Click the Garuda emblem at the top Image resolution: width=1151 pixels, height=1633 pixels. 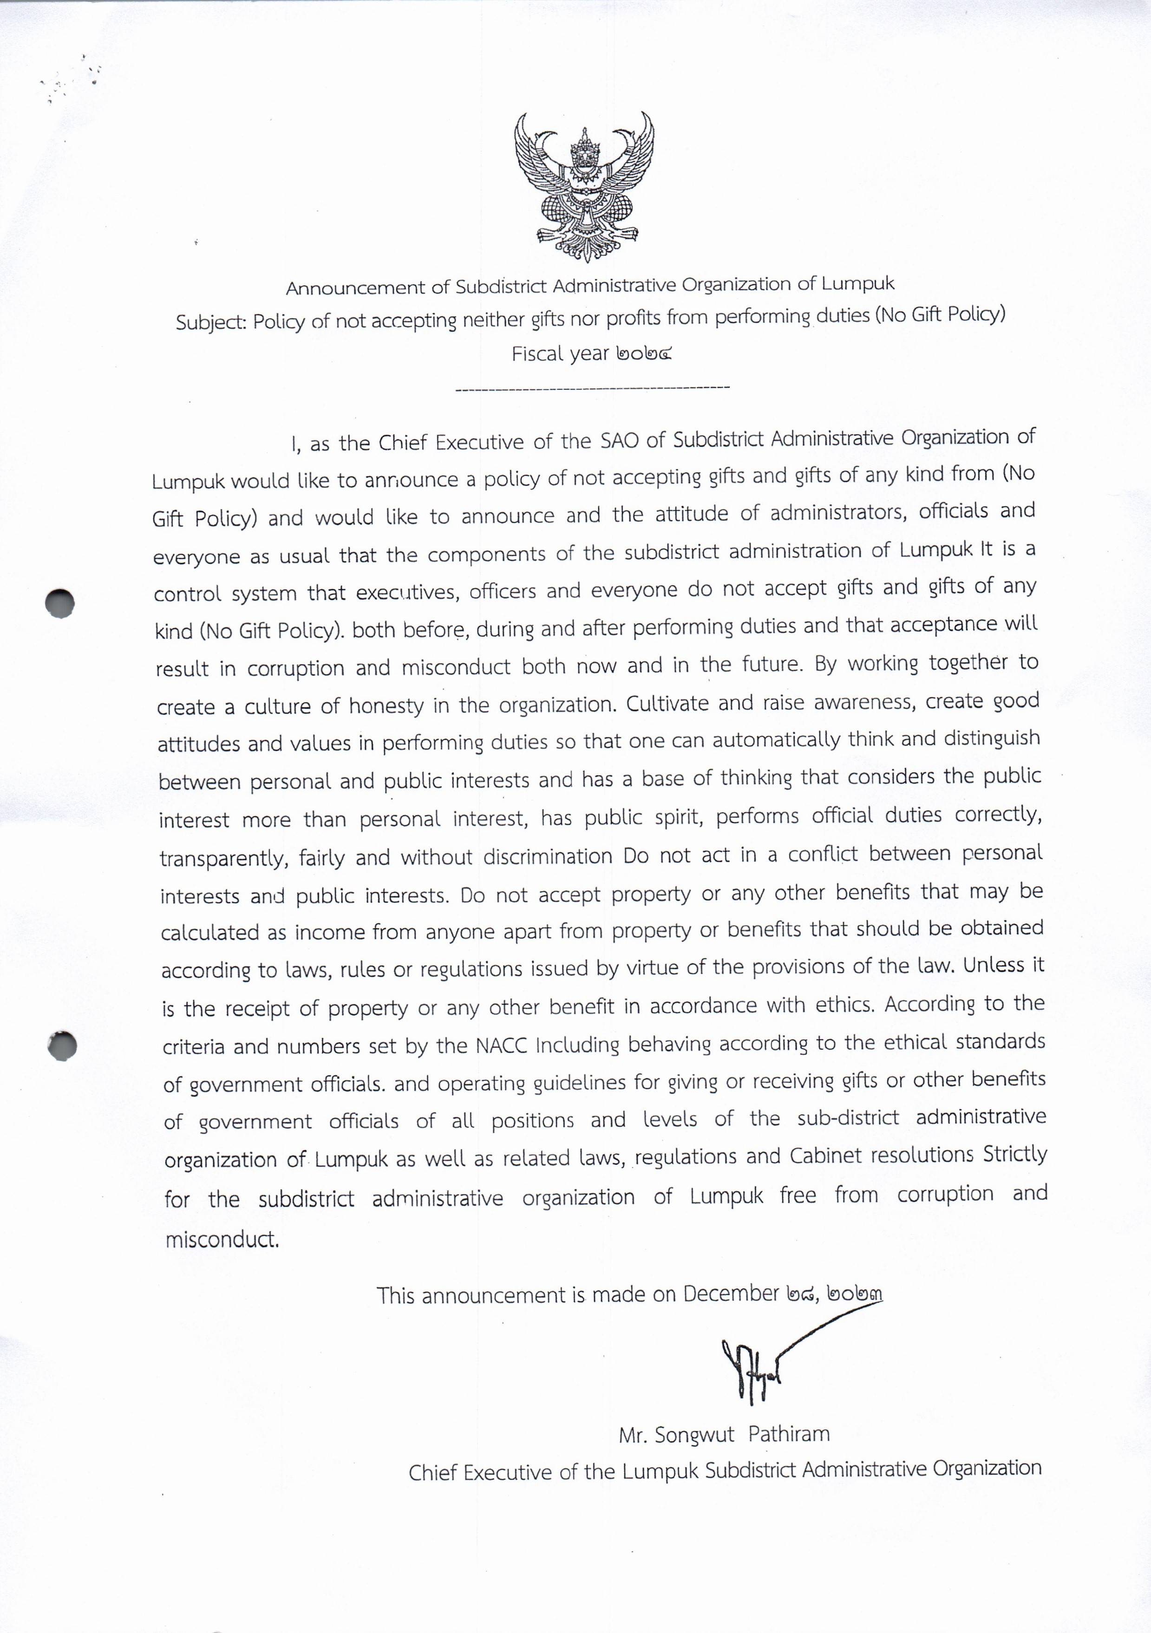(x=584, y=186)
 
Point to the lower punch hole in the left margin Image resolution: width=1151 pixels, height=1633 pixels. (x=62, y=1045)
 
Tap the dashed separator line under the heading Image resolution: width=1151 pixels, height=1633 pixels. (x=592, y=388)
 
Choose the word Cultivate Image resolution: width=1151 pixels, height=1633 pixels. (x=667, y=703)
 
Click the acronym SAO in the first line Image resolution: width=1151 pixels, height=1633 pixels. (x=620, y=441)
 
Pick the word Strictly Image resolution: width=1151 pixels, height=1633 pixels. (x=1015, y=1153)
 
